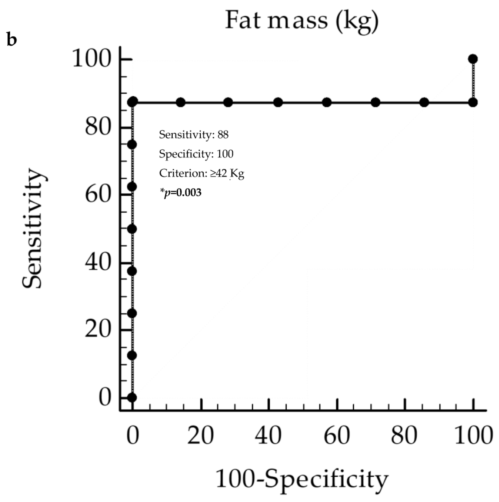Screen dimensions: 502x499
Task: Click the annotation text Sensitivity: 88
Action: point(194,135)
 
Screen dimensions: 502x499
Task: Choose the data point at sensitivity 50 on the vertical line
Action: point(132,229)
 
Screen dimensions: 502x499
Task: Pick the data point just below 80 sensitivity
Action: point(132,145)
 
